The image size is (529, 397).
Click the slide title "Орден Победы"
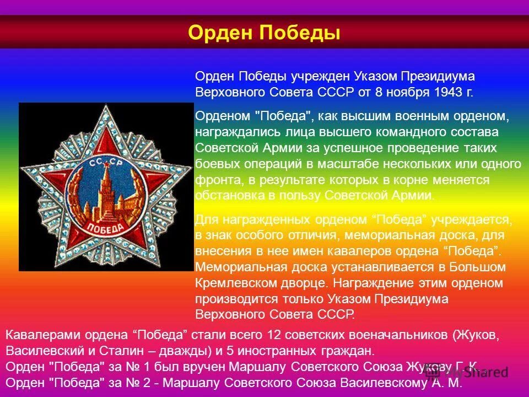(x=264, y=33)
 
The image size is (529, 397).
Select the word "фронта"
(x=214, y=180)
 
